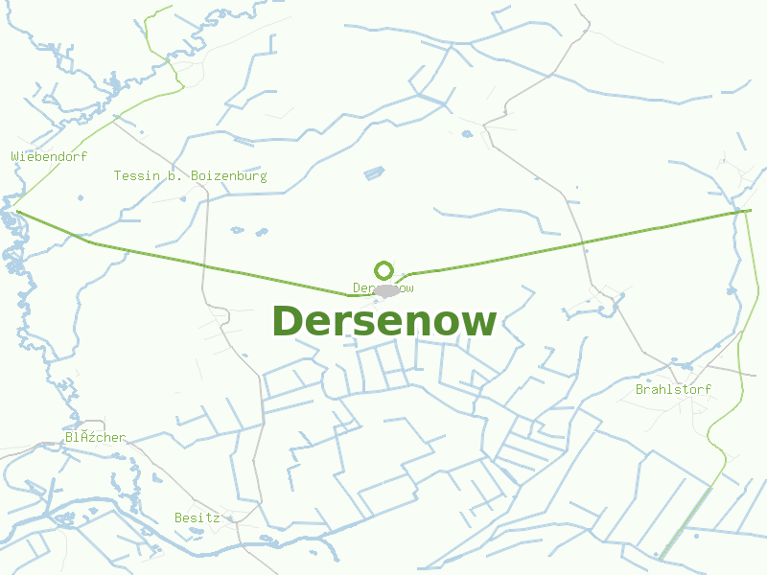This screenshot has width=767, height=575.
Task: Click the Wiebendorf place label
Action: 49,156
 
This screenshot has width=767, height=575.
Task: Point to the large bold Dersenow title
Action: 384,321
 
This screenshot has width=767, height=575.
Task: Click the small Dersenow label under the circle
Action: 383,287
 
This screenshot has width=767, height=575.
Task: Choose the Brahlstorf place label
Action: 673,389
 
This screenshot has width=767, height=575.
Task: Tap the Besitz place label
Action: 197,517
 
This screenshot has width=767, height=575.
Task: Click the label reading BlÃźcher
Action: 95,437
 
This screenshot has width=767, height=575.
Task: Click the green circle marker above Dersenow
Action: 384,270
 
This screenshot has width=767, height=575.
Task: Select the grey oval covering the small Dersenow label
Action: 385,289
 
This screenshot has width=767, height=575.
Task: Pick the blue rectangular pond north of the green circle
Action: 374,173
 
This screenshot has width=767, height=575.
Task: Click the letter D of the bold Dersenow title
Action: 289,321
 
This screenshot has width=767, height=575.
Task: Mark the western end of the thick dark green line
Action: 18,212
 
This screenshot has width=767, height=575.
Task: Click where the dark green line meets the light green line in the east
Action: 745,211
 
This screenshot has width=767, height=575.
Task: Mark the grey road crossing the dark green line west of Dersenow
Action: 202,265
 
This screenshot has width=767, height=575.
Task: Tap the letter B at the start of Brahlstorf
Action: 639,389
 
